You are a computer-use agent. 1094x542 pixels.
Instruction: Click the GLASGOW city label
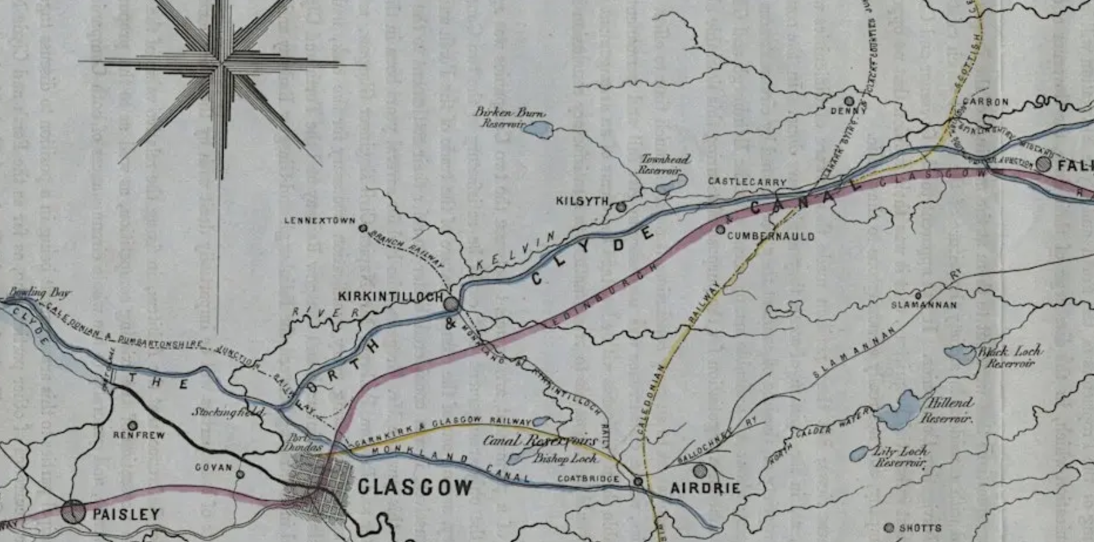click(414, 487)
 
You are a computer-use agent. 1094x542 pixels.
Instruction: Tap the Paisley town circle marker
click(73, 511)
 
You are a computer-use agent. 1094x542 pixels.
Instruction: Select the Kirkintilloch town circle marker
click(451, 304)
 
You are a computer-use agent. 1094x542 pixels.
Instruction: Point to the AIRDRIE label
click(705, 488)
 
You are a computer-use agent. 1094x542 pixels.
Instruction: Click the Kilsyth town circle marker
click(622, 206)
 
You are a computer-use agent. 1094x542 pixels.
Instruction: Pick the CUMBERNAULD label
click(770, 236)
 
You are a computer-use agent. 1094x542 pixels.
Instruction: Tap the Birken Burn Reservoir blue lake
click(539, 130)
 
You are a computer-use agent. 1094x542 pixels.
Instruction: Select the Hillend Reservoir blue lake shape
click(899, 410)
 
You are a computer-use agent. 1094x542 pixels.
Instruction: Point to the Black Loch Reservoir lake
click(960, 354)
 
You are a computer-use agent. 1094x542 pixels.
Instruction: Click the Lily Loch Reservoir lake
click(859, 453)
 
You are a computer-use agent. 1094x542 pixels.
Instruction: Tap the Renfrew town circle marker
click(133, 425)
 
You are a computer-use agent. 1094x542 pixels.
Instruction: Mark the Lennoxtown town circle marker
click(363, 228)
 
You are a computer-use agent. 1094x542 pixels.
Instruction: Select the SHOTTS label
click(920, 528)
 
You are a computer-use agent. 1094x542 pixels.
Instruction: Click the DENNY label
click(848, 111)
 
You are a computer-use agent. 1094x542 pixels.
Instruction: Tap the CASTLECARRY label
click(747, 182)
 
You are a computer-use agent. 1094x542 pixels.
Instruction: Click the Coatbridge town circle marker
click(639, 481)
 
